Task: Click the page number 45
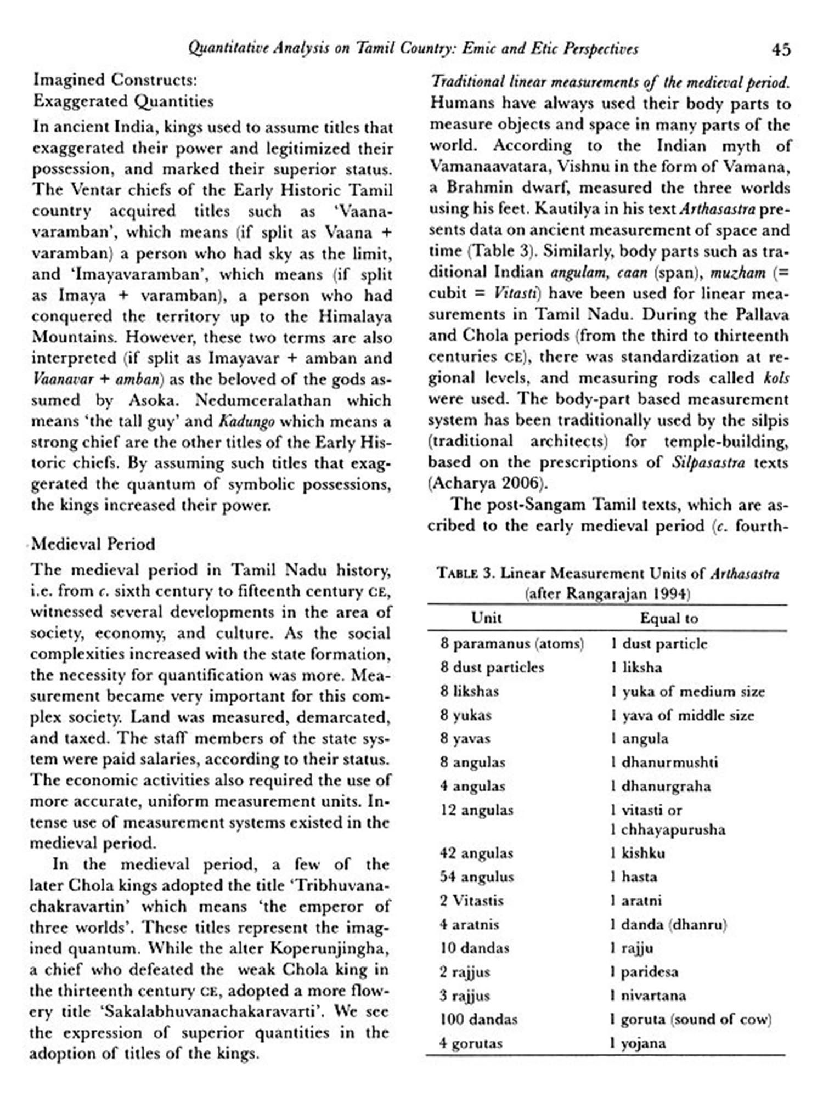point(781,50)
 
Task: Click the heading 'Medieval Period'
point(93,544)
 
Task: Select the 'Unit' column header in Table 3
point(486,618)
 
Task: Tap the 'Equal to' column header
point(668,618)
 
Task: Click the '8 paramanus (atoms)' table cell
point(511,643)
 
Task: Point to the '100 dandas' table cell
point(478,1019)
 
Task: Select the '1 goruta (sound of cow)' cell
point(690,1019)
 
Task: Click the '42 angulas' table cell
point(476,853)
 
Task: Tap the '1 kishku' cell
point(638,853)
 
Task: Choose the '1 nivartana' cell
point(647,995)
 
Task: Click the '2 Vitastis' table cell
point(471,900)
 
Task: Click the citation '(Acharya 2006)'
point(488,483)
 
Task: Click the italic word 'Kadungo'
point(246,421)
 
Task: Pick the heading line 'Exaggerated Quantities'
point(123,101)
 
